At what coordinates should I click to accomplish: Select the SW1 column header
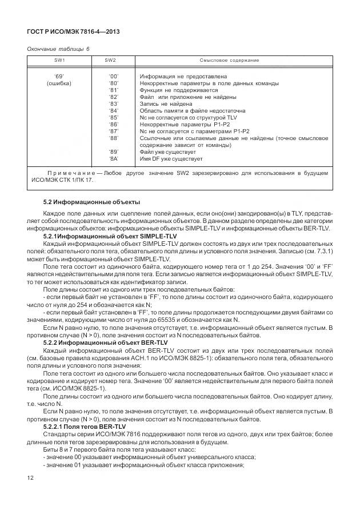tap(59, 61)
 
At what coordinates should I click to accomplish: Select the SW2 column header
tap(110, 61)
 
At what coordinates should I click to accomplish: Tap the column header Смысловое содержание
tap(229, 61)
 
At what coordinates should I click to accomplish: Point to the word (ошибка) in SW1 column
tap(59, 83)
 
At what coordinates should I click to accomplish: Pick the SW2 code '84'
tap(113, 110)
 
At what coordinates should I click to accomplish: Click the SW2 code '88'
tap(113, 138)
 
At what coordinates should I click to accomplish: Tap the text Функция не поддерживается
tap(178, 90)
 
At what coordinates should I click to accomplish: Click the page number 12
tap(30, 477)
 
